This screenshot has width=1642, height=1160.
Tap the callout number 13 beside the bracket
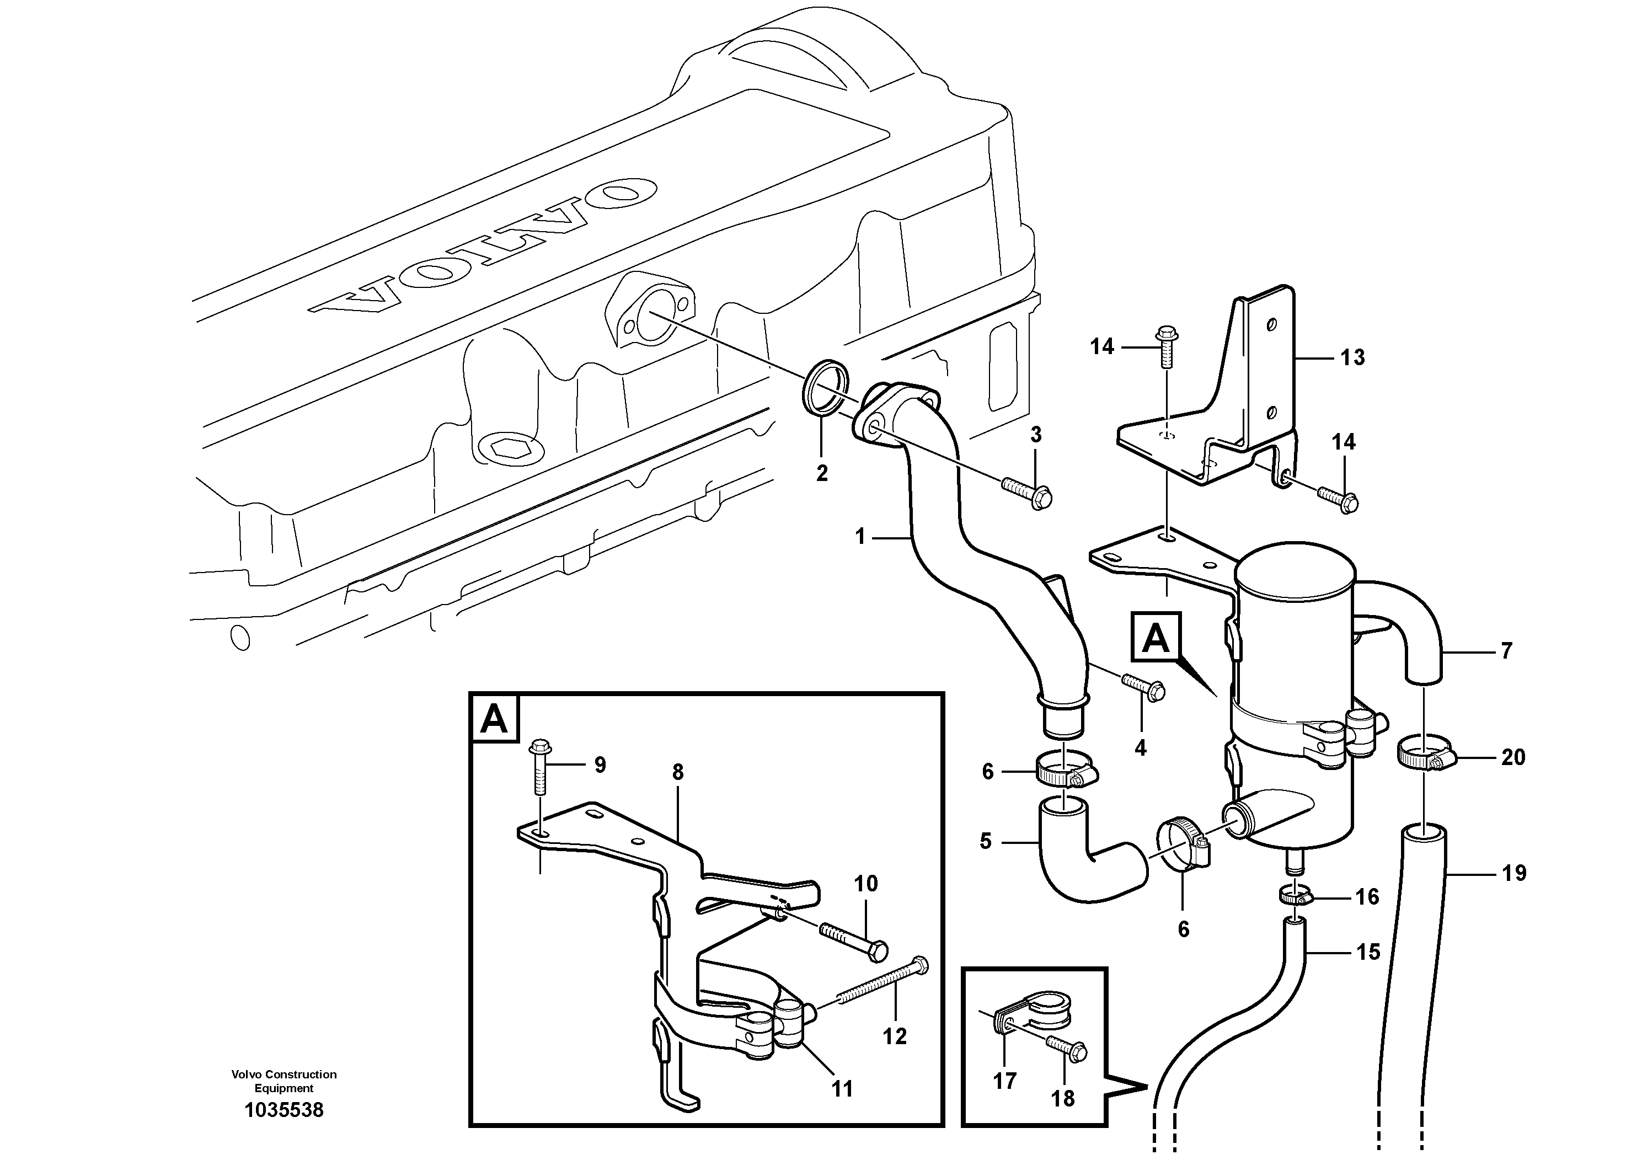pyautogui.click(x=1352, y=357)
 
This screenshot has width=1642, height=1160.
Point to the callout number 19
pyautogui.click(x=1514, y=873)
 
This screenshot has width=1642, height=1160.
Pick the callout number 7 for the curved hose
pyautogui.click(x=1506, y=651)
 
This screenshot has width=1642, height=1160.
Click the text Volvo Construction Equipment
pyautogui.click(x=284, y=1081)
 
